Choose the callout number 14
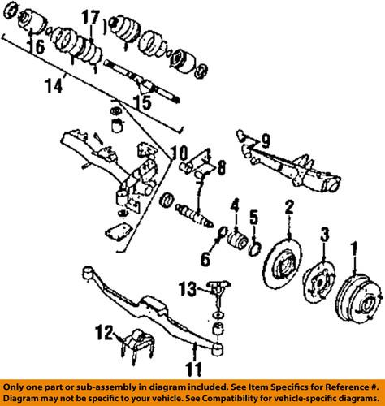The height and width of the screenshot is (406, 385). pyautogui.click(x=32, y=83)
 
